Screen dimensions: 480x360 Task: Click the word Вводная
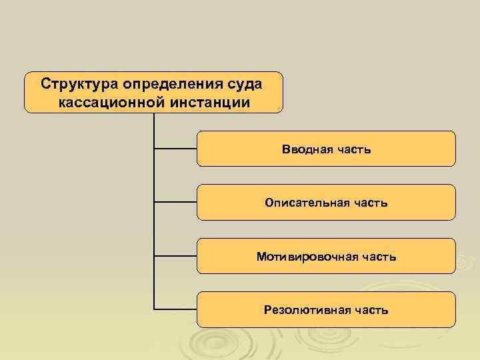tap(304, 149)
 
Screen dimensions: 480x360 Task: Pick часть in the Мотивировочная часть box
tap(374, 256)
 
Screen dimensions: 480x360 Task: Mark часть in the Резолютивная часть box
tap(369, 309)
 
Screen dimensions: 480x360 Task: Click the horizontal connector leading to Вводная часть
tap(175, 149)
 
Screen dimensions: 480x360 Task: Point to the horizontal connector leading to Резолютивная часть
tap(175, 309)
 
